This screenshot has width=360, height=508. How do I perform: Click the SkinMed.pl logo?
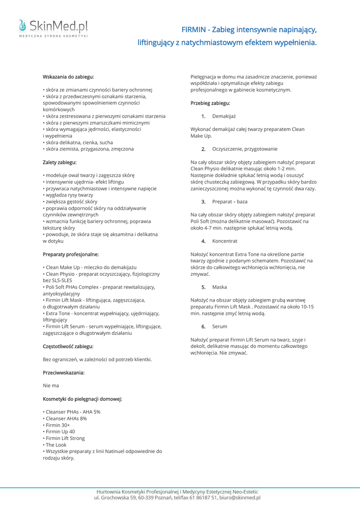(53, 27)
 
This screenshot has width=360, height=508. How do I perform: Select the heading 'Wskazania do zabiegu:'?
(68, 77)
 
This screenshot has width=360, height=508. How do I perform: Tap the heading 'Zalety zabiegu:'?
(60, 162)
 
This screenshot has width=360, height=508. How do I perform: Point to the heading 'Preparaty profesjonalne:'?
(71, 254)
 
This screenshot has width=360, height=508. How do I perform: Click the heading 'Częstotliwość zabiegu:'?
(68, 346)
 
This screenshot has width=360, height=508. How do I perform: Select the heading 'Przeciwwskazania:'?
(64, 372)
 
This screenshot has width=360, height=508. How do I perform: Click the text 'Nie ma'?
(51, 385)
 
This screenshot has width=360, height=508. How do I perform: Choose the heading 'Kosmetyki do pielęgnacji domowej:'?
(82, 398)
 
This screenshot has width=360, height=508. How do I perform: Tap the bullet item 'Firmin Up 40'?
(60, 432)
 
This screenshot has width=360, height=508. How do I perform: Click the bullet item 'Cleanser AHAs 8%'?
(66, 418)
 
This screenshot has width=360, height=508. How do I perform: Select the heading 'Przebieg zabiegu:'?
(210, 103)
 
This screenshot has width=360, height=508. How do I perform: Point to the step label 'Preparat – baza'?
(229, 202)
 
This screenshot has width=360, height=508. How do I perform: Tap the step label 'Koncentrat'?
(224, 241)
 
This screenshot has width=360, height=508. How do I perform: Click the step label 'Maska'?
(219, 287)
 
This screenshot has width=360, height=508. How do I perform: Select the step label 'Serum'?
(219, 326)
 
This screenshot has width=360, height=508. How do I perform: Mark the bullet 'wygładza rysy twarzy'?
(69, 195)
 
